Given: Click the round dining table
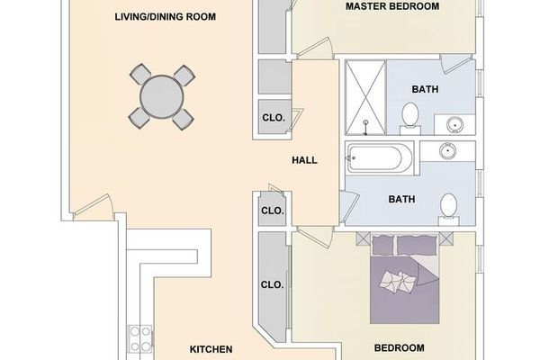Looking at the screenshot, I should coord(162,94).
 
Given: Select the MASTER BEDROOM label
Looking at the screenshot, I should coord(392,7).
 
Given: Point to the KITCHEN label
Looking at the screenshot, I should coord(211,348).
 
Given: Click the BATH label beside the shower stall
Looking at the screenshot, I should coord(424,89).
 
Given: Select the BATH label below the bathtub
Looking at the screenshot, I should coord(400,199).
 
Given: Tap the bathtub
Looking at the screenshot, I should coord(378,160).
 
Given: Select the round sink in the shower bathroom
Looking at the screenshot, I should coord(452,122).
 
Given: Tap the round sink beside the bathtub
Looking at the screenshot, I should coord(450,151).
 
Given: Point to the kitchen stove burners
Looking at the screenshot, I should coord(139,339).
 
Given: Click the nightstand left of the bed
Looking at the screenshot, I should coord(363,239).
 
